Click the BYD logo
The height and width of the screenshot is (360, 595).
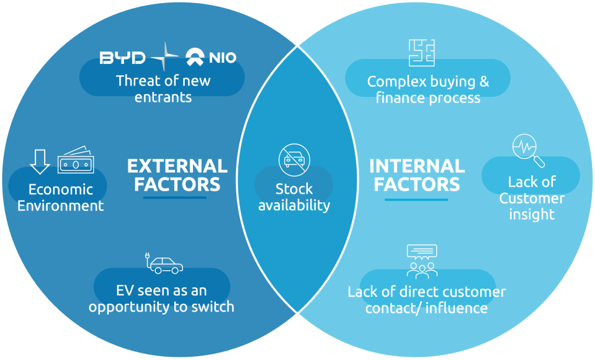[x=122, y=58]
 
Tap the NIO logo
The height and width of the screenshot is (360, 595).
[x=211, y=58]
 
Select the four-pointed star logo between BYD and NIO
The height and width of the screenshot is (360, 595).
[x=164, y=58]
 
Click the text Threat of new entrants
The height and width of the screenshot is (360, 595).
[x=163, y=89]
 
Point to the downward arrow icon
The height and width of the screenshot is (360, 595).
[x=40, y=161]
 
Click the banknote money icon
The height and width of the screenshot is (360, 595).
[x=76, y=161]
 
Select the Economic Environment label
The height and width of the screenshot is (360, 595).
[x=61, y=197]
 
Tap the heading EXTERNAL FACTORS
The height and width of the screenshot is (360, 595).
[x=177, y=175]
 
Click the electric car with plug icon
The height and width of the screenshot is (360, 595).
[x=164, y=264]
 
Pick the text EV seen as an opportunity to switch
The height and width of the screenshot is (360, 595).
[x=161, y=299]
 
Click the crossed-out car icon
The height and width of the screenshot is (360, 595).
[x=294, y=159]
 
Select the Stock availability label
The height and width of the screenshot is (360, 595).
[x=294, y=197]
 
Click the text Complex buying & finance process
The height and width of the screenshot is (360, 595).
[x=428, y=89]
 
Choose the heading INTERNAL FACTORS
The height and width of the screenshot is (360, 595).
[x=417, y=175]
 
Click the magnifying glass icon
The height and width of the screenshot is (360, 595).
[x=528, y=151]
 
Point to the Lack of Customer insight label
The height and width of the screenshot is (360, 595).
[x=532, y=199]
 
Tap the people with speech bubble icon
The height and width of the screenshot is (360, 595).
[x=422, y=261]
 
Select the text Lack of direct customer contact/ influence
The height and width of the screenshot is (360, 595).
[x=427, y=300]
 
